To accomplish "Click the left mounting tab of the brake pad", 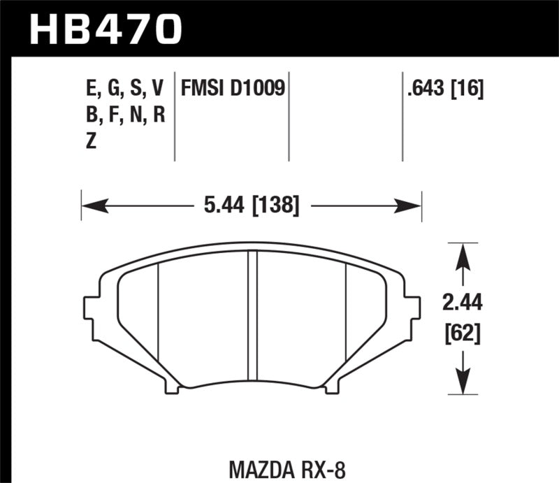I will (91, 308).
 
